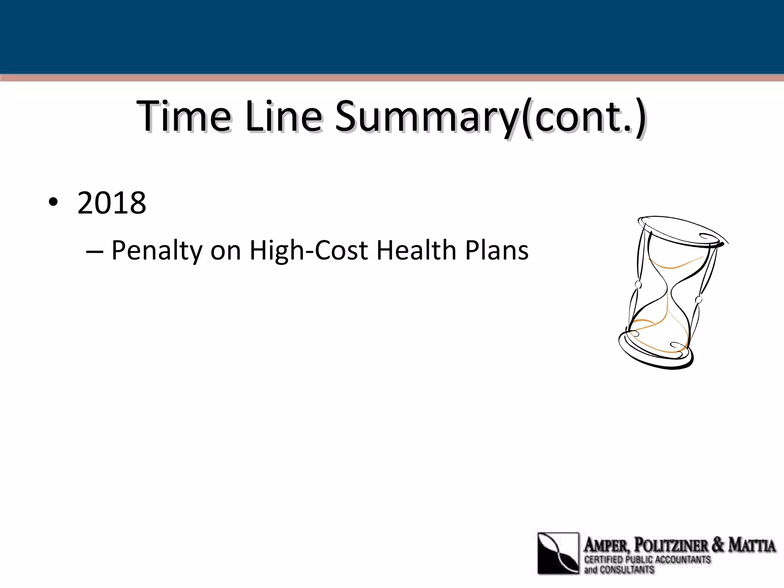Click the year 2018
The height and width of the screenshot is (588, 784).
pos(112,203)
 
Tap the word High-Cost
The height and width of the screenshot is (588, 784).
pos(309,251)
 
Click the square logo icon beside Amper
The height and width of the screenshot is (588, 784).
pos(558,553)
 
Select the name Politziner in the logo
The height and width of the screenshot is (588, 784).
pos(671,545)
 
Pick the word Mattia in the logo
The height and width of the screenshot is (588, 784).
pos(752,545)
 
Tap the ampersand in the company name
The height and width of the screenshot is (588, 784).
pos(718,545)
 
